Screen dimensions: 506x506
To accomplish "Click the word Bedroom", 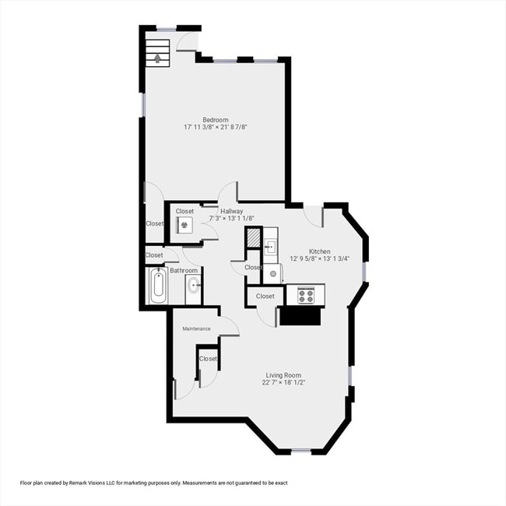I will pos(216,119).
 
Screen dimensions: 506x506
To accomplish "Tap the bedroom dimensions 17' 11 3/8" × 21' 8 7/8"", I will pos(216,127).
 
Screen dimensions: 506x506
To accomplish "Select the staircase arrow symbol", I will pos(160,57).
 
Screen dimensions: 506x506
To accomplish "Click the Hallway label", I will pos(231,211).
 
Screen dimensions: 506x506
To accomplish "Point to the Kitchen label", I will pos(320,251).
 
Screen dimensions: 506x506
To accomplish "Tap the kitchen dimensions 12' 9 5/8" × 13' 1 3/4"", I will pos(320,259).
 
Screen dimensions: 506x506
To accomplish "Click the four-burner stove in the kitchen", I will pos(305,295).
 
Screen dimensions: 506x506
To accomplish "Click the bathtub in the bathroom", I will pos(157,289).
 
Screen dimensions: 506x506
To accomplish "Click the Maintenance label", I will pos(196,329).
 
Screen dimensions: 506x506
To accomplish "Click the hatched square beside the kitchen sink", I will pos(254,237).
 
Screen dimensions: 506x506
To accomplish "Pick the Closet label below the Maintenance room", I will pos(208,359).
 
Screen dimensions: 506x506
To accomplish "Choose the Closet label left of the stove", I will pos(265,296).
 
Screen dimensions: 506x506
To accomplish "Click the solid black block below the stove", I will pos(299,316).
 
